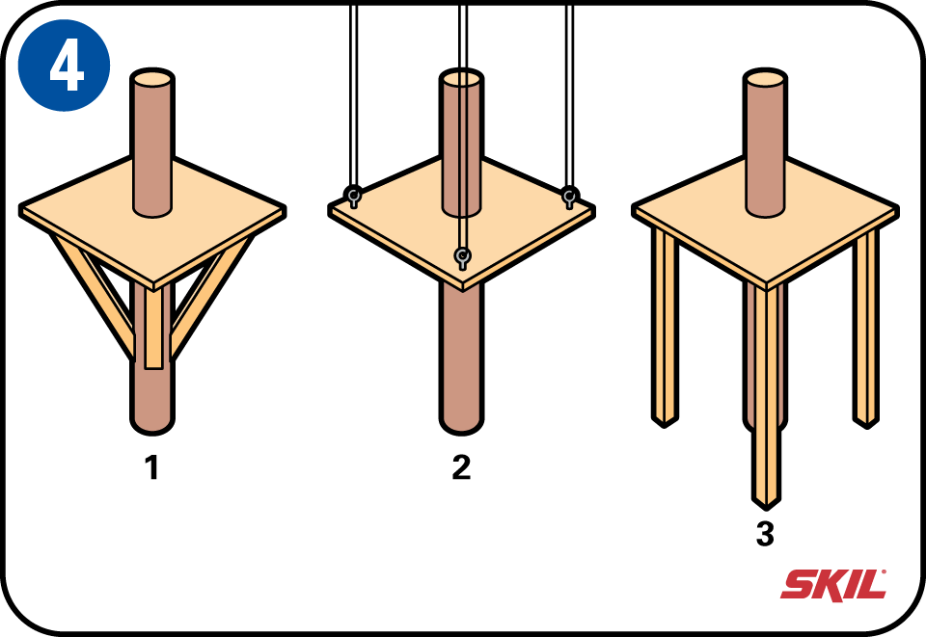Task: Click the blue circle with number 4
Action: tap(64, 65)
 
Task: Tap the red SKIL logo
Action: tap(833, 585)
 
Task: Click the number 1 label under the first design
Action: tap(152, 467)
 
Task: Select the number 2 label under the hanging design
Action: tap(461, 467)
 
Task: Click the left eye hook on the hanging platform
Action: tap(353, 196)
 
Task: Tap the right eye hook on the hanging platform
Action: tap(569, 196)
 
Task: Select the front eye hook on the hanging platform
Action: tap(462, 257)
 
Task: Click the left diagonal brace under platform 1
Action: tap(95, 295)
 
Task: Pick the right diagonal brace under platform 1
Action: tap(210, 296)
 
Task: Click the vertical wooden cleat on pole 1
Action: tap(153, 327)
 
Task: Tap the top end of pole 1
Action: tap(152, 78)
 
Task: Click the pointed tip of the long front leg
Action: tap(766, 507)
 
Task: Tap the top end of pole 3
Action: tap(765, 78)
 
